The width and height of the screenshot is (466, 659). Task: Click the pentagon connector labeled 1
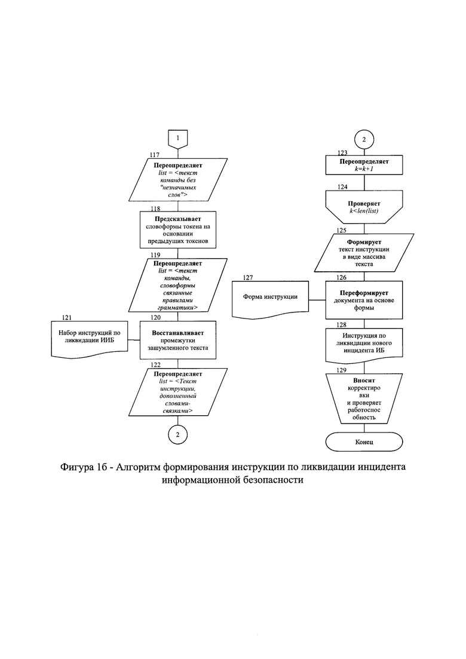pyautogui.click(x=178, y=139)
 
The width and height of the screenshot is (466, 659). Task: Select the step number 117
pyautogui.click(x=155, y=155)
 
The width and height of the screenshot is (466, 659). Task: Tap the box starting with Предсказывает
pyautogui.click(x=178, y=230)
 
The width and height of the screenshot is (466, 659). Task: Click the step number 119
pyautogui.click(x=155, y=255)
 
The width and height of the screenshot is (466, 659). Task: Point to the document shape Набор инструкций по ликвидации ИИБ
pyautogui.click(x=90, y=339)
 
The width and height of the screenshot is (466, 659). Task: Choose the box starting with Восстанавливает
pyautogui.click(x=178, y=340)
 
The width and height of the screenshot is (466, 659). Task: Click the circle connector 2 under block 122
pyautogui.click(x=177, y=434)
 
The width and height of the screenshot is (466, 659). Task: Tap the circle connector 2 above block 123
pyautogui.click(x=364, y=140)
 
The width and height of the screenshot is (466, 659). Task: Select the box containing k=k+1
pyautogui.click(x=364, y=165)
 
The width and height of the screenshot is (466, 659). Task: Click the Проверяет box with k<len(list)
pyautogui.click(x=364, y=207)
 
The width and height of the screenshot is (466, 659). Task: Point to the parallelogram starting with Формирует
pyautogui.click(x=364, y=253)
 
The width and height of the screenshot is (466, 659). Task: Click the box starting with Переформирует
pyautogui.click(x=364, y=300)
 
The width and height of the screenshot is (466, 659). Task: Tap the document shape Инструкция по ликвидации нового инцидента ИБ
pyautogui.click(x=364, y=345)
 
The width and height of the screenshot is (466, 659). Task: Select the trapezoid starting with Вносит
pyautogui.click(x=364, y=399)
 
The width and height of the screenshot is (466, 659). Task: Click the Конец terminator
pyautogui.click(x=364, y=442)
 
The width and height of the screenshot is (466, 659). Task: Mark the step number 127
pyautogui.click(x=248, y=278)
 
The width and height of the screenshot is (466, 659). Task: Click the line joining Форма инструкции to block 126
pyautogui.click(x=317, y=300)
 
